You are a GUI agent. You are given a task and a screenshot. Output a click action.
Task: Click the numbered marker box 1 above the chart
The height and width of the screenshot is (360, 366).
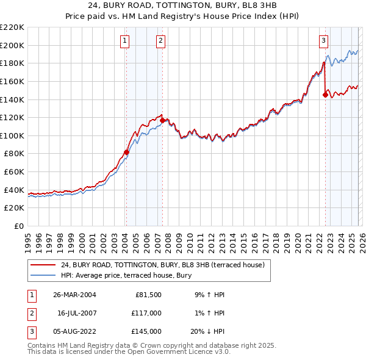tap(124, 41)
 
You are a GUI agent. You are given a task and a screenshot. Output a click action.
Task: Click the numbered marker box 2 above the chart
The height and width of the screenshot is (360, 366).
tap(160, 41)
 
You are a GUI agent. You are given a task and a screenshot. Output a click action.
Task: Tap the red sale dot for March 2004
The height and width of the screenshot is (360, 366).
tap(126, 153)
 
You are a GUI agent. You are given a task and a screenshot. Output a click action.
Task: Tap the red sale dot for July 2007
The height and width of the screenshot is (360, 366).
tap(162, 121)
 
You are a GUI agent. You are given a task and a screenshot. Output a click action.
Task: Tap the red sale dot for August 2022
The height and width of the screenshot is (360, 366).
tap(325, 95)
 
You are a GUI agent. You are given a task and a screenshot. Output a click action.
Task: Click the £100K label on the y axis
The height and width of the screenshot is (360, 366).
tap(12, 135)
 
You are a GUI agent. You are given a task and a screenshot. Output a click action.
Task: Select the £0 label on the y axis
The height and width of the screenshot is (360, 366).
tap(18, 226)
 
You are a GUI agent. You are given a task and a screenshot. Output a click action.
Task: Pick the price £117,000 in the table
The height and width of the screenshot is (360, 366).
tap(146, 313)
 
